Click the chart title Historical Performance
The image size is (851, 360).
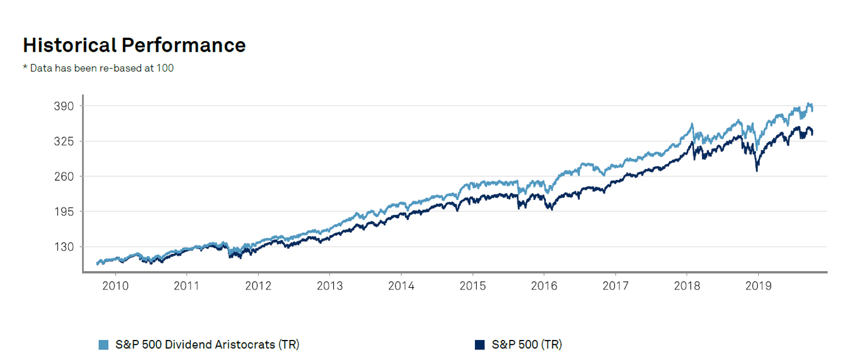click(134, 45)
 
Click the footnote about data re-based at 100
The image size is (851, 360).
click(98, 68)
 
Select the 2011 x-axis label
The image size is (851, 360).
click(187, 286)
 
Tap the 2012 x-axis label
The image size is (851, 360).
click(258, 286)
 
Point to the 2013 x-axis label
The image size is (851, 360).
click(329, 286)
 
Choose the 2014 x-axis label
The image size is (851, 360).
click(401, 286)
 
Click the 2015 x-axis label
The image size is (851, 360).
click(472, 286)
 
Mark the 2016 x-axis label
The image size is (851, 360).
click(544, 286)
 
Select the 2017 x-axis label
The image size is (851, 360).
click(615, 286)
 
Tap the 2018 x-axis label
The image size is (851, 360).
click(687, 286)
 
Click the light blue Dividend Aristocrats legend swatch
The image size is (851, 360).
click(103, 345)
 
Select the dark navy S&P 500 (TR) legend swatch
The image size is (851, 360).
click(480, 345)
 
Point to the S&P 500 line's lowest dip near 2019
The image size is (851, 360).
click(757, 170)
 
